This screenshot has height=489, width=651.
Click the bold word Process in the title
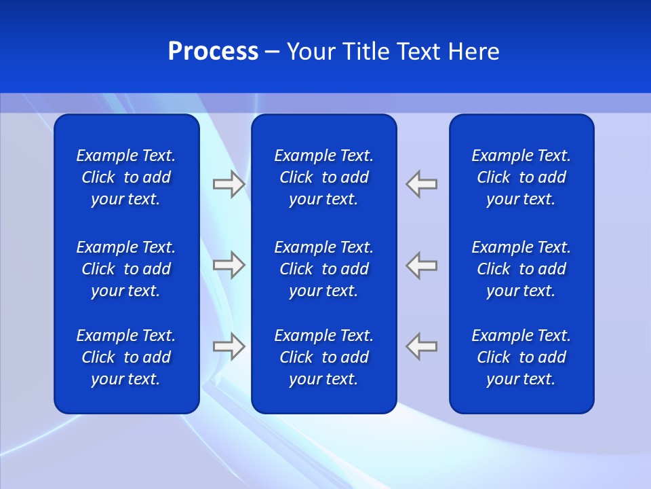tap(213, 52)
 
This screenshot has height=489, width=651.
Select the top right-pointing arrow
tap(229, 184)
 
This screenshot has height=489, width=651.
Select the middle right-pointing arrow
tap(229, 265)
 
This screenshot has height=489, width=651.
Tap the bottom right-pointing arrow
tap(229, 346)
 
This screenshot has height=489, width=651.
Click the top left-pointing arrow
tap(422, 184)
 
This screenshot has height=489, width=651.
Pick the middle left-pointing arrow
tap(422, 265)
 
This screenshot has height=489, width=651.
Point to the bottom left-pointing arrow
tap(422, 346)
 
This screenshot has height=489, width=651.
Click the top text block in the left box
tap(126, 177)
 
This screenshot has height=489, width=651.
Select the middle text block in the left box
tap(126, 269)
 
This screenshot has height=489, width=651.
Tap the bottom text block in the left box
tap(126, 357)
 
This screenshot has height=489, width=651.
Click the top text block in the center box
tap(323, 177)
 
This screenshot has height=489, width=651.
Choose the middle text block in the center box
tap(323, 269)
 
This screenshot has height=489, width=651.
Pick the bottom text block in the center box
tap(323, 357)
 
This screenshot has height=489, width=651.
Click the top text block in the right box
tap(521, 177)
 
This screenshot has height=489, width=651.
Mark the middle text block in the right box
tap(521, 269)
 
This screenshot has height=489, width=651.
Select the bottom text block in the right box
tap(521, 357)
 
